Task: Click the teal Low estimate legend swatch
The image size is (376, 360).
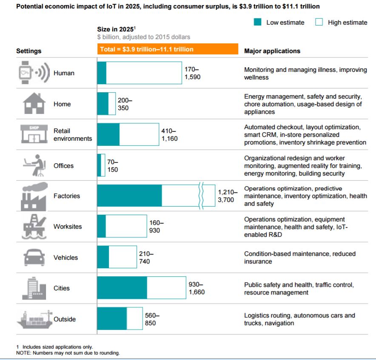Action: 257,23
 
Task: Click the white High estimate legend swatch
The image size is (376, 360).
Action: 319,23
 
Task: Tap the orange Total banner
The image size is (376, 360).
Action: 168,49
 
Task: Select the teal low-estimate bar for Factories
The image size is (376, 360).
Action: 130,196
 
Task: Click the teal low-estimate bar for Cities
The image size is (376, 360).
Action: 122,288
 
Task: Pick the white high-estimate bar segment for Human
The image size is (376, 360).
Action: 144,73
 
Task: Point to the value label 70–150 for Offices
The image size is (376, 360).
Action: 113,166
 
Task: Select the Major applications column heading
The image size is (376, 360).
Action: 272,51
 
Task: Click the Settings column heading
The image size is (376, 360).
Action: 29,51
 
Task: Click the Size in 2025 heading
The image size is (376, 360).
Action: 116,29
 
